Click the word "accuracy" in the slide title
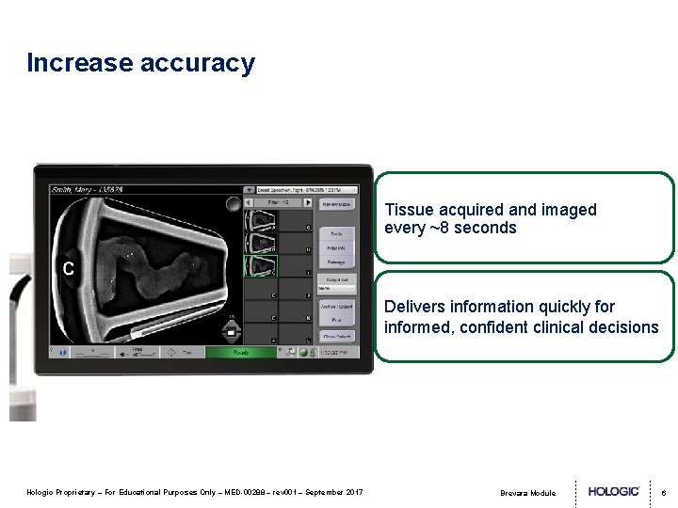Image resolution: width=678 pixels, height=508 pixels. click(x=197, y=63)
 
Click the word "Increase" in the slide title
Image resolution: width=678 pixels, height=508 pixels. click(x=80, y=63)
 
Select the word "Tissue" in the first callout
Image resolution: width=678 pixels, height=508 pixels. click(x=408, y=210)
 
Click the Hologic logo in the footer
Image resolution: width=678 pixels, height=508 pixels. click(x=614, y=491)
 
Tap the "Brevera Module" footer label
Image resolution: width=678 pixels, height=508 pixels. click(x=528, y=493)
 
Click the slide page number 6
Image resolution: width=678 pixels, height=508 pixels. click(x=663, y=492)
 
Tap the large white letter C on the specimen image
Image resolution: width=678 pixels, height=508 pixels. click(x=68, y=268)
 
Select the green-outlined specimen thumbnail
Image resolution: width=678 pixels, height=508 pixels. click(x=260, y=266)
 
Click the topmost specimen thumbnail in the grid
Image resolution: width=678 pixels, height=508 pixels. click(x=260, y=220)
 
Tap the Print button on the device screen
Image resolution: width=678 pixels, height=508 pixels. click(x=337, y=321)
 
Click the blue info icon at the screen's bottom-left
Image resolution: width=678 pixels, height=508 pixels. click(x=63, y=353)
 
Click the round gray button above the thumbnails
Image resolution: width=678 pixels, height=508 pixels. click(x=232, y=204)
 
